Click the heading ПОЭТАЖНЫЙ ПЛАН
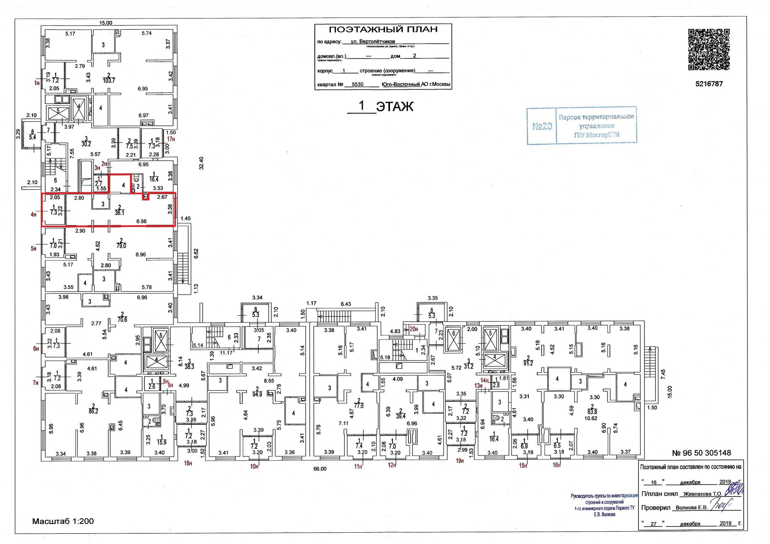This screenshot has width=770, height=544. (x=383, y=30)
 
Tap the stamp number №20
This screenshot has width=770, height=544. (x=542, y=126)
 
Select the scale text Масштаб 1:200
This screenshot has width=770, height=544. (x=63, y=521)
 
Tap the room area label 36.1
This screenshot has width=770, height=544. (x=119, y=212)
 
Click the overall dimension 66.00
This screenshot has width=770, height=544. (x=320, y=469)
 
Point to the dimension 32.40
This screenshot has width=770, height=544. (x=201, y=163)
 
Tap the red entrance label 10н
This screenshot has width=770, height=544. (x=255, y=465)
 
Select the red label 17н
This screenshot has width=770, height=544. (x=171, y=139)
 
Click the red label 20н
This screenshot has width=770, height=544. (x=414, y=329)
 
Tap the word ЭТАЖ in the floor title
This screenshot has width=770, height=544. (x=395, y=107)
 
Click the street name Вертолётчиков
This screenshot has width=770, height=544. (x=377, y=42)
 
